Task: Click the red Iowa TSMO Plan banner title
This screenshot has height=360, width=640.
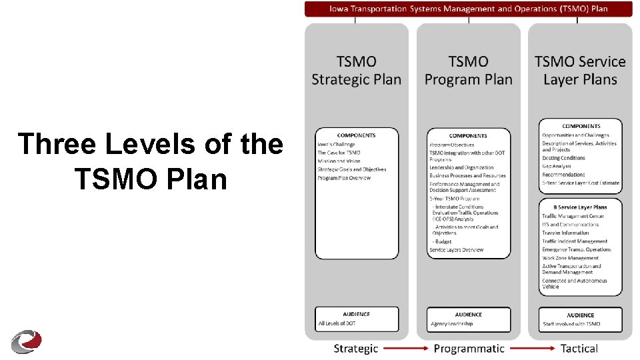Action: tap(469, 9)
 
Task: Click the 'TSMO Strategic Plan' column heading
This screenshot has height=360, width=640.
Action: tap(357, 71)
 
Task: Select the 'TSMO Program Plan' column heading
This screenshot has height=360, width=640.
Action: tap(469, 71)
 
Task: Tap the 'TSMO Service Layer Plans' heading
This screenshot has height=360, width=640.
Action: tap(580, 71)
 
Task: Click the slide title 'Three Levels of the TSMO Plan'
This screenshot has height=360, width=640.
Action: tap(150, 161)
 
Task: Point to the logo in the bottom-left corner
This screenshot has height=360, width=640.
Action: tap(26, 340)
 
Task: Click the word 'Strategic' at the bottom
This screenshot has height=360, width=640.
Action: tap(355, 348)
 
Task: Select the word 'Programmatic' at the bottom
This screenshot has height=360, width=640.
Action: tap(469, 348)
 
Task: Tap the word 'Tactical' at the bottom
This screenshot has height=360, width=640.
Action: tap(579, 348)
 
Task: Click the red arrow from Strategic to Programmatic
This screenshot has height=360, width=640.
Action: tap(405, 348)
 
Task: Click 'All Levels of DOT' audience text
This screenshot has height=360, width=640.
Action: tap(337, 323)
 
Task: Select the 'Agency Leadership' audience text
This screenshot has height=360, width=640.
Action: tap(452, 323)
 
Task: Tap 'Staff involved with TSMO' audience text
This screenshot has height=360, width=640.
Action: tap(571, 323)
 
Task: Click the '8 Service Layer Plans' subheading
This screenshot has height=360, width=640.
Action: tap(575, 207)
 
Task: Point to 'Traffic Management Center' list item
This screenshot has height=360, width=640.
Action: tap(573, 216)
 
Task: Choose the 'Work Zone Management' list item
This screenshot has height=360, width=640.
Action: tap(571, 258)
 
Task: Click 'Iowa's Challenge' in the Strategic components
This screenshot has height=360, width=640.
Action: tap(336, 144)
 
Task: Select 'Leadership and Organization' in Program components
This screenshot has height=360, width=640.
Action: tap(461, 167)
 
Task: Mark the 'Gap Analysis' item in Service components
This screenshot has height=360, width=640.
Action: tap(557, 166)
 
